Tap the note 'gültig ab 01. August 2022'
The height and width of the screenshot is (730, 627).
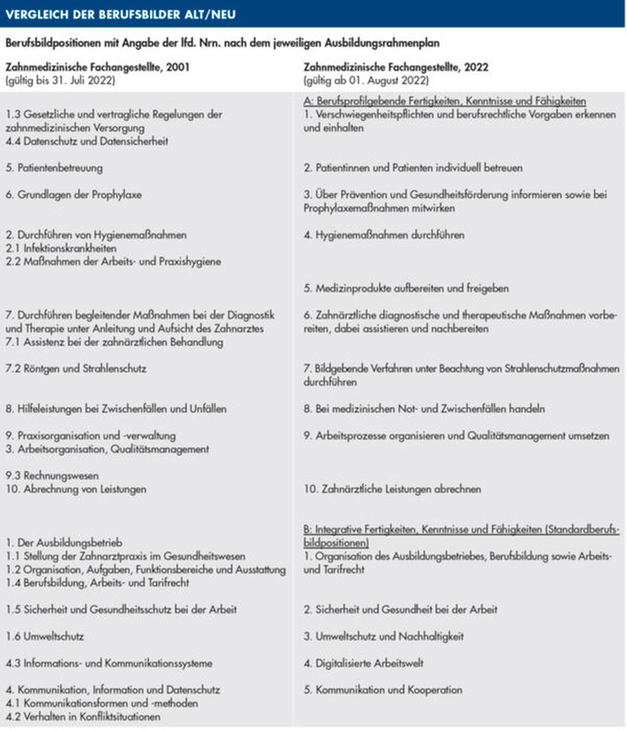[366, 80]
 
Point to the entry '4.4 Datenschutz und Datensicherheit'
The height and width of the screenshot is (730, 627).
[87, 141]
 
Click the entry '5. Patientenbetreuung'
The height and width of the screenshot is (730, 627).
[54, 168]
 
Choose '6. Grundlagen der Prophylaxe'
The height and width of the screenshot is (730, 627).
[73, 195]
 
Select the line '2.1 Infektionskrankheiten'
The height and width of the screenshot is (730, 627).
[61, 249]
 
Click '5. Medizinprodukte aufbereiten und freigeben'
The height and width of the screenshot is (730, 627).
[406, 288]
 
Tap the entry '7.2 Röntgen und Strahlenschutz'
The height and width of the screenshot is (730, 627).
[77, 369]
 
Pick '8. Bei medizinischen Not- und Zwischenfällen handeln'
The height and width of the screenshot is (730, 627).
[424, 408]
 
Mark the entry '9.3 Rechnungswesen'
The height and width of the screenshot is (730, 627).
[53, 476]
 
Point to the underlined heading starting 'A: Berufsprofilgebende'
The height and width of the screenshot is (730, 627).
[445, 101]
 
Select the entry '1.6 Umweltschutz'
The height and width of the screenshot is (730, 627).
[45, 637]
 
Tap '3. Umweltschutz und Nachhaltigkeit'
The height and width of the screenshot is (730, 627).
[383, 637]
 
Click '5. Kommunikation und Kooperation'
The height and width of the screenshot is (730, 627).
[383, 690]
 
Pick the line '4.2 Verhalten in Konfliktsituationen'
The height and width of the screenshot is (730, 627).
[83, 717]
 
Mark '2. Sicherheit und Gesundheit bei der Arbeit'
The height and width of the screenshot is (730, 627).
[400, 610]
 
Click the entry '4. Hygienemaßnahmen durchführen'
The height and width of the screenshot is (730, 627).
[384, 235]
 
